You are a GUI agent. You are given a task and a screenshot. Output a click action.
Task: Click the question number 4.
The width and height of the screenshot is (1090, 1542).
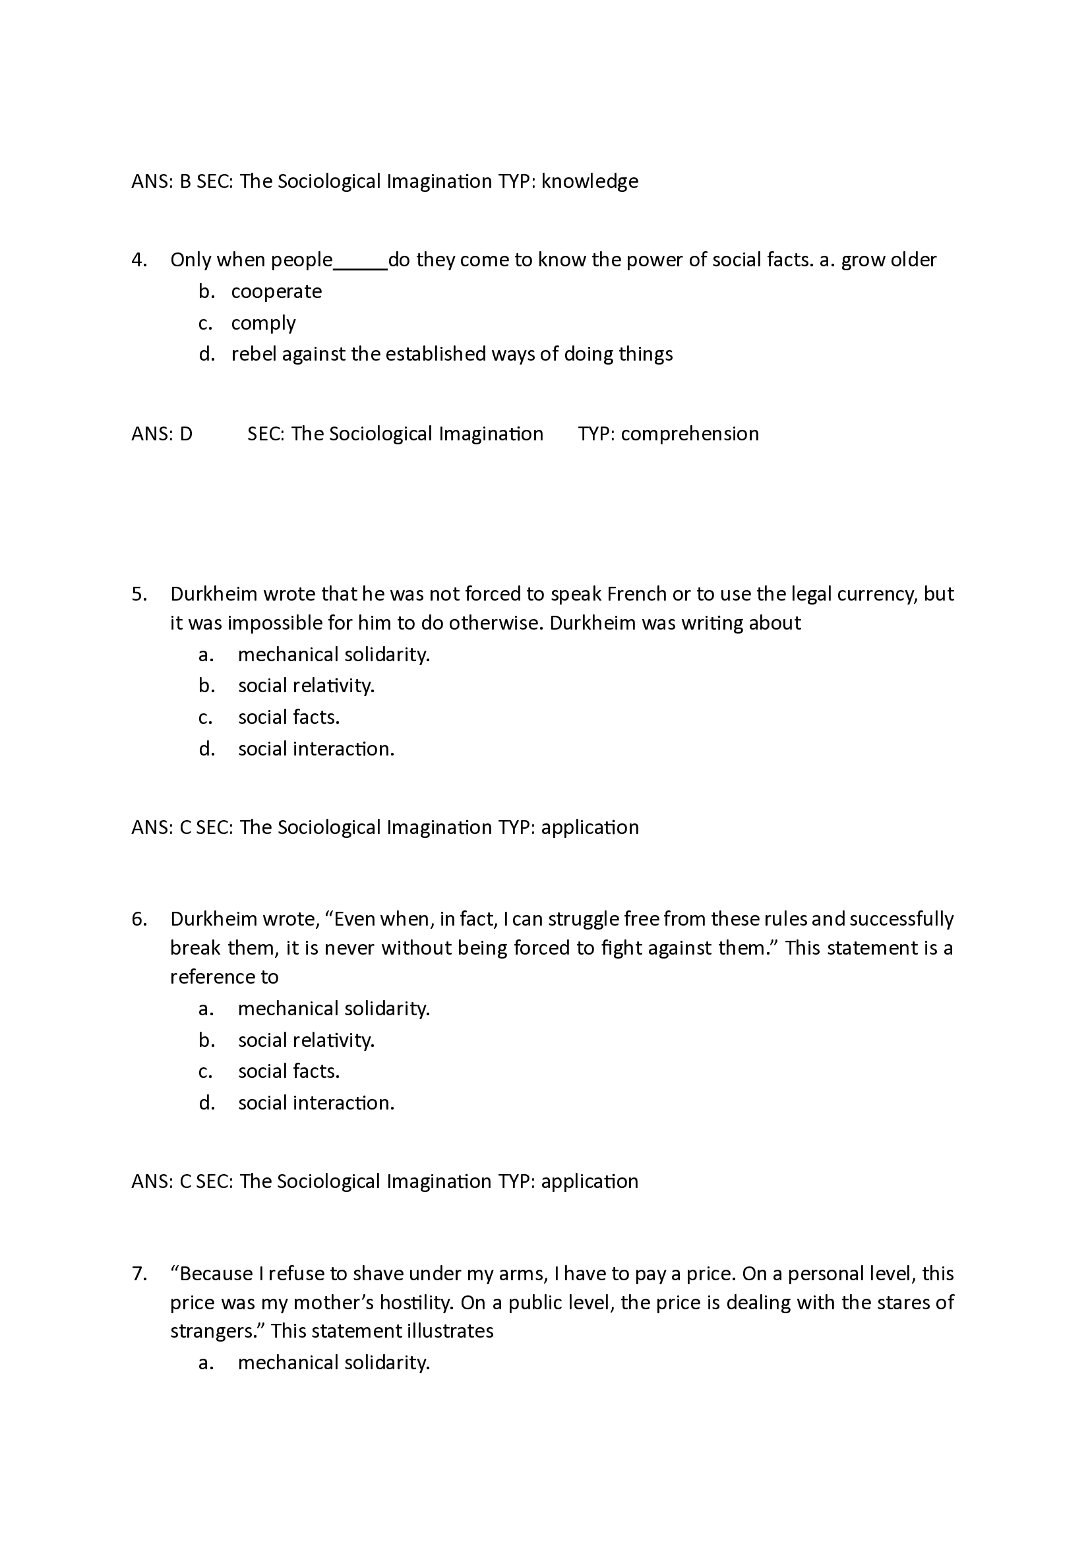(x=138, y=260)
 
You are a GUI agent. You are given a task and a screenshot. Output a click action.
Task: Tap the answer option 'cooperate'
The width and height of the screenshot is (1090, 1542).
(x=276, y=291)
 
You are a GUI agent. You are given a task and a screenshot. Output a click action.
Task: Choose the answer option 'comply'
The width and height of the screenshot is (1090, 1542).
(x=263, y=323)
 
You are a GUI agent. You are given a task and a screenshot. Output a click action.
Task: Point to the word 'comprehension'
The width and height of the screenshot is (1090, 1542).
(x=690, y=434)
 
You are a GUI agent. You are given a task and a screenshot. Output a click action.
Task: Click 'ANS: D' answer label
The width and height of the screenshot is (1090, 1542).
(x=162, y=434)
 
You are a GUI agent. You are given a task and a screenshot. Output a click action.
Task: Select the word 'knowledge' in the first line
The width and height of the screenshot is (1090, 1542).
(x=590, y=181)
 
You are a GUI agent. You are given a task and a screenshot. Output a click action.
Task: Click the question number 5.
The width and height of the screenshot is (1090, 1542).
(x=138, y=594)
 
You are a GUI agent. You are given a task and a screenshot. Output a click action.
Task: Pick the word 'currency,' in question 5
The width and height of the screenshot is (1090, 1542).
(x=879, y=594)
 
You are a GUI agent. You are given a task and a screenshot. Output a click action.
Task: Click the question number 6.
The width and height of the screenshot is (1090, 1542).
(x=138, y=919)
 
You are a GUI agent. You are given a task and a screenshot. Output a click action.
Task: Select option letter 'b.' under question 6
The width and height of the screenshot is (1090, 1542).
(x=206, y=1040)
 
